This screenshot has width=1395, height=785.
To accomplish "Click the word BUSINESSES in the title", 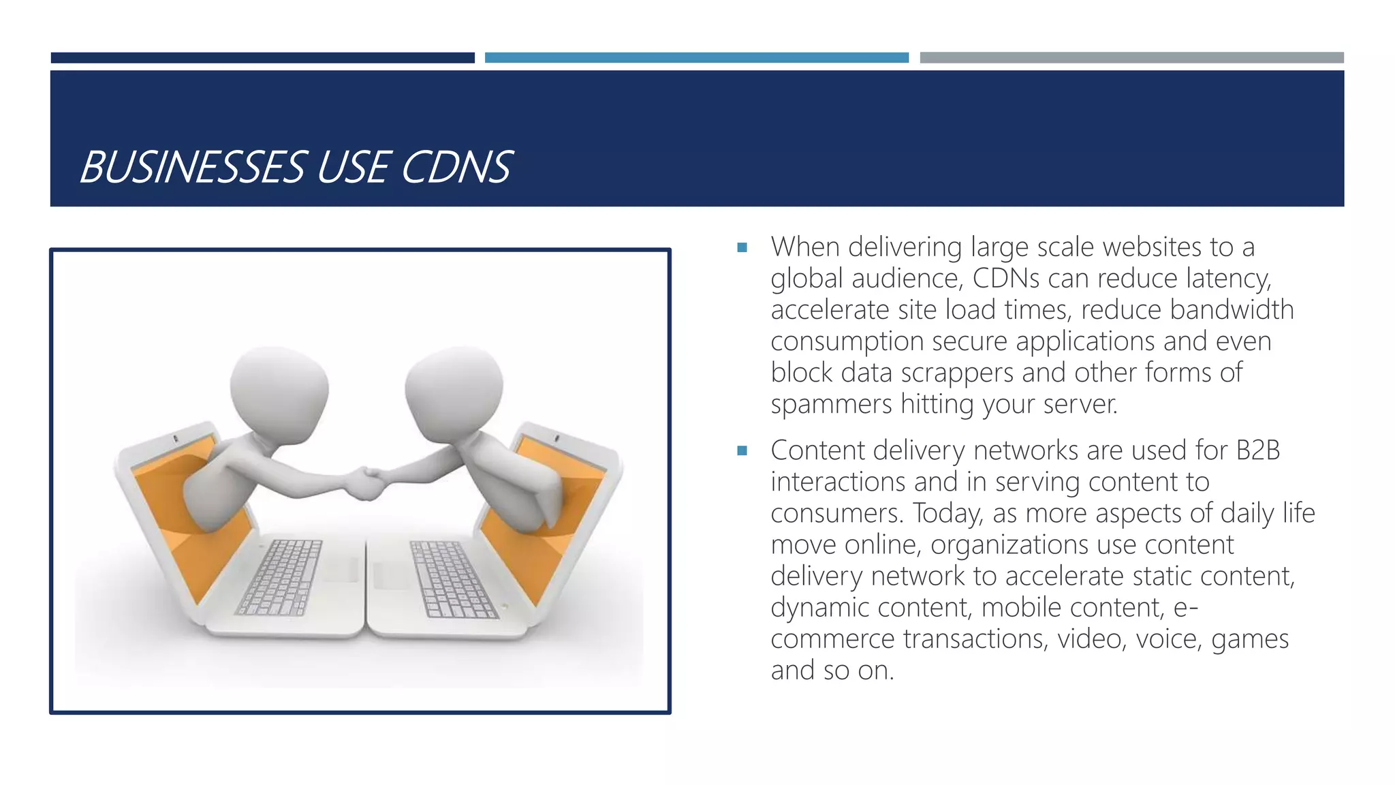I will click(x=192, y=167).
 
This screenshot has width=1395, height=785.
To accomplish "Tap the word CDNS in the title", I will click(x=456, y=167).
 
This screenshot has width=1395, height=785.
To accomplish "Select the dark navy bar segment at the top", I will click(x=262, y=58).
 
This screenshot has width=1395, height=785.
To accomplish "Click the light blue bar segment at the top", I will click(x=696, y=58).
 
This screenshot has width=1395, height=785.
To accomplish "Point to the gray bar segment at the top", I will click(x=1131, y=58).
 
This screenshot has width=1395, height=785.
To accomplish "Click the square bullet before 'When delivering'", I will click(x=742, y=247).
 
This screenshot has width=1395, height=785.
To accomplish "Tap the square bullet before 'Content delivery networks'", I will click(x=742, y=450).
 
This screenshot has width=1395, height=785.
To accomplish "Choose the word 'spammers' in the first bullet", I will click(x=831, y=405).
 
